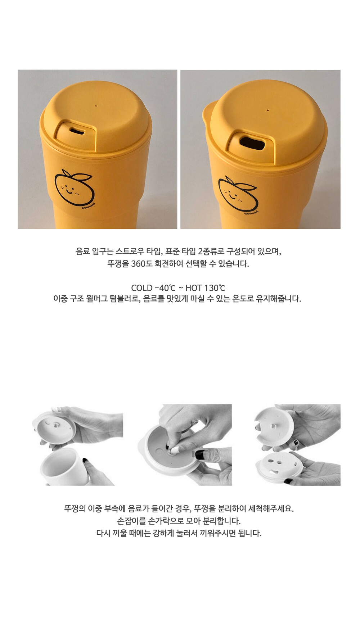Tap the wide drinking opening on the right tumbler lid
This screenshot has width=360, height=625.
251,143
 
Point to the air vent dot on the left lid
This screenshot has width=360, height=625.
96,106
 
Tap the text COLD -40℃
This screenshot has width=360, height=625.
153,288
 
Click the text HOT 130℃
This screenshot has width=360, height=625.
205,288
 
